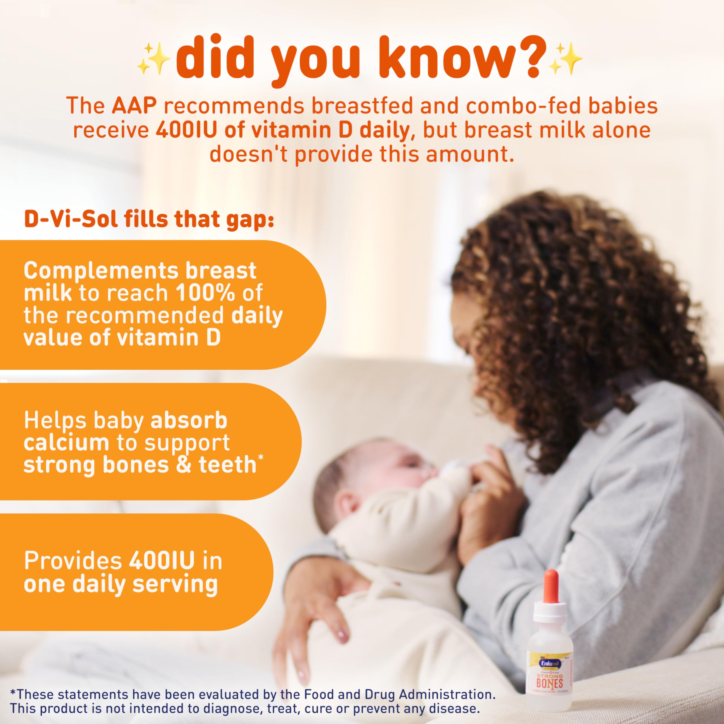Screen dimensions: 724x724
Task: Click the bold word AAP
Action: click(x=134, y=106)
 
